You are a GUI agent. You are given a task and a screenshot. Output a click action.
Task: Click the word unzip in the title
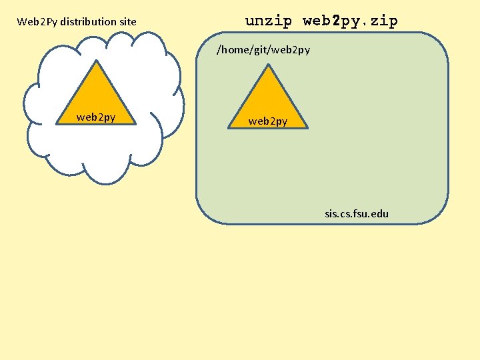click(x=269, y=21)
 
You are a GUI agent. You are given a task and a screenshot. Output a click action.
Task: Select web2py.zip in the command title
click(x=350, y=21)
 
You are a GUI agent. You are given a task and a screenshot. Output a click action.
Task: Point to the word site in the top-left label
click(x=127, y=22)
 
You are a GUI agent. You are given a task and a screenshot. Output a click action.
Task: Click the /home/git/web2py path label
click(x=263, y=50)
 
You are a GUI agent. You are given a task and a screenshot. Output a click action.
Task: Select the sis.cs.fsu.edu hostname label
click(x=357, y=214)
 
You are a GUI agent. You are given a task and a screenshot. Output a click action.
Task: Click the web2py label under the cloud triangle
click(x=96, y=117)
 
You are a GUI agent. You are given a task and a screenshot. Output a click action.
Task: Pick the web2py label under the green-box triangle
click(x=268, y=121)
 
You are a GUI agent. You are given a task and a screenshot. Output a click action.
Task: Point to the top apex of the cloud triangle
click(x=97, y=61)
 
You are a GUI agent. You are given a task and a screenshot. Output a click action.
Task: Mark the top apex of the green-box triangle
click(x=268, y=65)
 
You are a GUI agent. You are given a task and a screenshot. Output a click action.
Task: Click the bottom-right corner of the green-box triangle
click(x=307, y=127)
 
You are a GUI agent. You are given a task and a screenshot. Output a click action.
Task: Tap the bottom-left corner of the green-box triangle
click(x=229, y=127)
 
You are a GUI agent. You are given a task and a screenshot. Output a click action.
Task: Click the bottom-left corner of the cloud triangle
click(x=58, y=123)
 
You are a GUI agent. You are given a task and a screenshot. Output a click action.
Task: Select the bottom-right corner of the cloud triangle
click(x=136, y=123)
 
